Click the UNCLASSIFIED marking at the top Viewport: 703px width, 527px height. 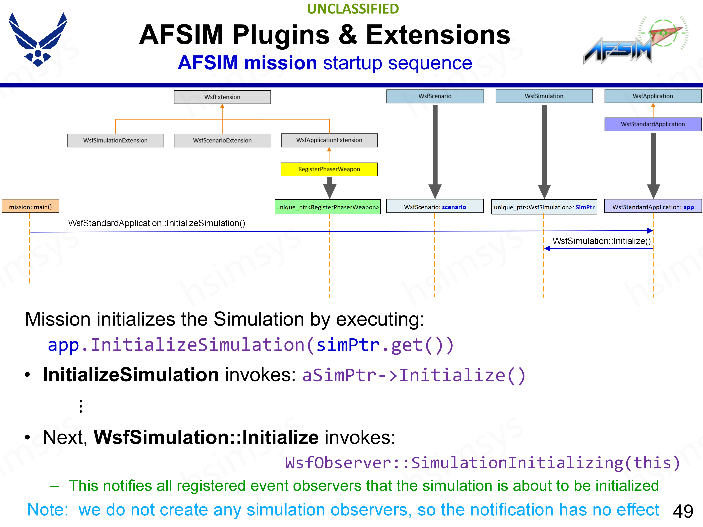click(353, 9)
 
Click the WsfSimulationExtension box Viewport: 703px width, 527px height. click(115, 140)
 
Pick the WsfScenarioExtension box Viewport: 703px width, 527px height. click(222, 140)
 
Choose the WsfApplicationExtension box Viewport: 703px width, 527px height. click(329, 140)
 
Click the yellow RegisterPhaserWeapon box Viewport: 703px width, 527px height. click(329, 169)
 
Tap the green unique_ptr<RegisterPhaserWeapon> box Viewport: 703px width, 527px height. click(328, 207)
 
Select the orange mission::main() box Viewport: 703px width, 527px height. click(31, 207)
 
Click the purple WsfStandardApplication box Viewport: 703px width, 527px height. click(653, 124)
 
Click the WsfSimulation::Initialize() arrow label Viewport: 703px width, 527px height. click(601, 241)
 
